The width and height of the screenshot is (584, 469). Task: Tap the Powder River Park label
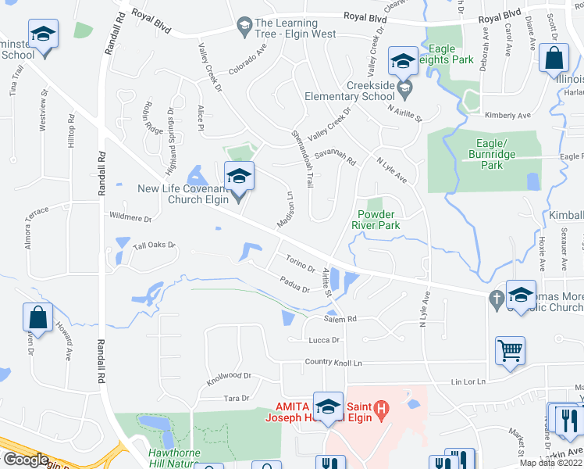[379, 220]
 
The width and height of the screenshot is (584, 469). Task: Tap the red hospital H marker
[381, 408]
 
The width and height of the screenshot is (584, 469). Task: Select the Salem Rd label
[340, 319]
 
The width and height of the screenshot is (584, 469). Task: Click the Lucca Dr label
[324, 340]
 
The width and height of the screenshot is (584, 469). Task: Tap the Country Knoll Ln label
[334, 363]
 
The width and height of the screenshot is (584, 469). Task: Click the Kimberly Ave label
[507, 115]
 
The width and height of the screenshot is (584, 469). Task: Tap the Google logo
[26, 460]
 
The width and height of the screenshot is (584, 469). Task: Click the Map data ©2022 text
[551, 463]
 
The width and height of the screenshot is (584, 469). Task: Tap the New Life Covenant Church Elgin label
[183, 193]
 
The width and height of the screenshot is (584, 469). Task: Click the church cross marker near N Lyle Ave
[495, 298]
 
